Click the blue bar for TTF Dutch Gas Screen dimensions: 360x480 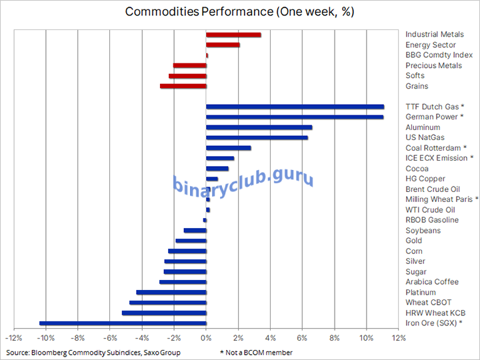click(x=295, y=107)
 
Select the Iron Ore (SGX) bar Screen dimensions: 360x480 click(x=123, y=323)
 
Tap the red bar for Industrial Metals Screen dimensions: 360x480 click(x=233, y=35)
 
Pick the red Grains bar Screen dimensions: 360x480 click(x=183, y=86)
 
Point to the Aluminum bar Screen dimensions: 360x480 click(x=259, y=127)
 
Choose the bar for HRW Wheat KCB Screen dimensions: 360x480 click(x=164, y=313)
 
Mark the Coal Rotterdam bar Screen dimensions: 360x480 click(x=228, y=148)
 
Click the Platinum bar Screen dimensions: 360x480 click(x=171, y=292)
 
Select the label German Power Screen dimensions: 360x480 click(x=431, y=117)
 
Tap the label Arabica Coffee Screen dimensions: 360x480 click(x=432, y=282)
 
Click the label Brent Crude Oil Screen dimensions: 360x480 click(x=433, y=189)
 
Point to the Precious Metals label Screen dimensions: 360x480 click(x=433, y=65)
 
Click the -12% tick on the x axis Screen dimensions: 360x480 click(x=14, y=338)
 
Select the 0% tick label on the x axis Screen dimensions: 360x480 click(x=207, y=338)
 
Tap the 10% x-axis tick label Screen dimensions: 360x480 click(x=367, y=338)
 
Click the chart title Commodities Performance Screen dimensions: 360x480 click(x=239, y=12)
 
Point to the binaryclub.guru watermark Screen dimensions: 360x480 click(x=243, y=180)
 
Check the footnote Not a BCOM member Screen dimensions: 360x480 click(x=256, y=352)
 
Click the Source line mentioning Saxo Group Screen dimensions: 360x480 click(x=93, y=352)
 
